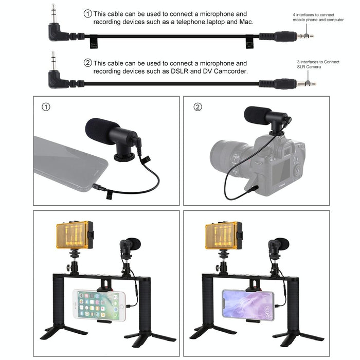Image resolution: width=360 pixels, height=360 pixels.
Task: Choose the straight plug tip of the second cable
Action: tap(310, 83)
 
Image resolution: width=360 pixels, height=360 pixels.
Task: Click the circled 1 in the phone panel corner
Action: tap(46, 107)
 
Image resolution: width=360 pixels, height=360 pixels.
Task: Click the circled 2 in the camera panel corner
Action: tap(197, 107)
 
